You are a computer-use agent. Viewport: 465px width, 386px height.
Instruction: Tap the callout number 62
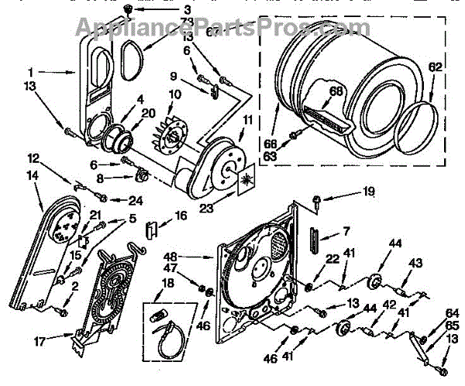(435, 67)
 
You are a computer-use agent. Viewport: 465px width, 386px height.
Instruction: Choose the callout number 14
(33, 175)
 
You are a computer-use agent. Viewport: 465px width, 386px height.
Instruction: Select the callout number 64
(453, 313)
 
